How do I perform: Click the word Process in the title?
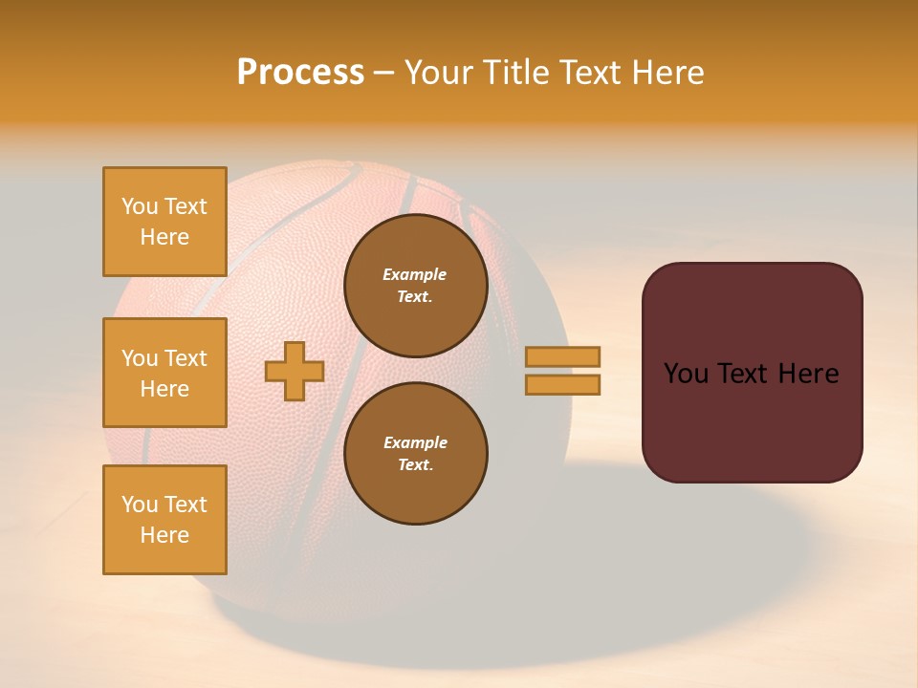click(300, 73)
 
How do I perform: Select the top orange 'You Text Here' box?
click(164, 222)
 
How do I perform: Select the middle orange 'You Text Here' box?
click(164, 373)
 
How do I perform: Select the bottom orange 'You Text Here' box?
click(164, 520)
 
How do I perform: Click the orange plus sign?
click(295, 371)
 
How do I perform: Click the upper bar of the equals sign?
click(562, 356)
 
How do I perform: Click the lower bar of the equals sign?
click(562, 384)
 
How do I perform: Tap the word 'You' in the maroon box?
click(686, 374)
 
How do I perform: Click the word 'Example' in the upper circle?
click(415, 274)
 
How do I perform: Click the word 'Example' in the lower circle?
click(415, 442)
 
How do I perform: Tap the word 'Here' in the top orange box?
click(164, 237)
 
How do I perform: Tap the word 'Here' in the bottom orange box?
click(164, 535)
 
